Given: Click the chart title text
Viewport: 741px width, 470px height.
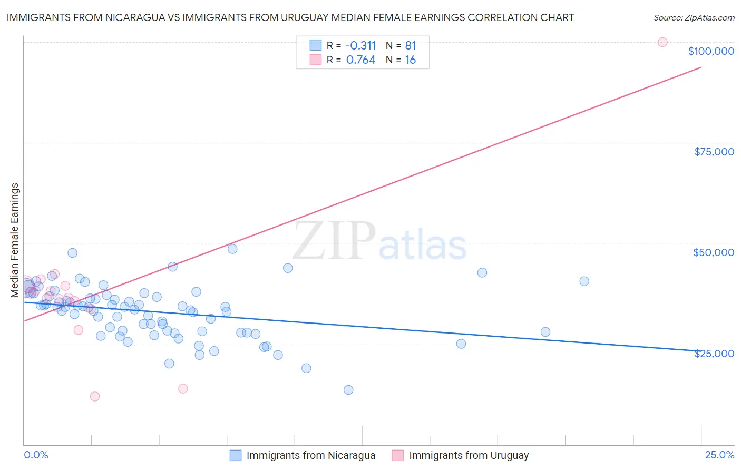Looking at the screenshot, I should tap(290, 17).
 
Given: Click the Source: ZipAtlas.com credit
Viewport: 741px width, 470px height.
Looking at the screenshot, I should tap(694, 17).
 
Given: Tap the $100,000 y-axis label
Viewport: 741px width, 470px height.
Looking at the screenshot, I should tap(711, 51).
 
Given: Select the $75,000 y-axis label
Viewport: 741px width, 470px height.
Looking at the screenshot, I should tap(714, 152).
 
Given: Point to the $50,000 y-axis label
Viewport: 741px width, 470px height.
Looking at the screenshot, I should tap(714, 252).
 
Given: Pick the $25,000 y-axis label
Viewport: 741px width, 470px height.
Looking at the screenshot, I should tap(714, 354).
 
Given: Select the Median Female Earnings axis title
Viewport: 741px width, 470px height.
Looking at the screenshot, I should tap(15, 240).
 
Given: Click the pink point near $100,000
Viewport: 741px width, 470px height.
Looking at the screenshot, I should tap(662, 42).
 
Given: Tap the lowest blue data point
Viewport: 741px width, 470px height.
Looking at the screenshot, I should tap(348, 390).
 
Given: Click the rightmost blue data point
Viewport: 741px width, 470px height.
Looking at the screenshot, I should tap(584, 281).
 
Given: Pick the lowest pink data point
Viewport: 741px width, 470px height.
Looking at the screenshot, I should tap(95, 396).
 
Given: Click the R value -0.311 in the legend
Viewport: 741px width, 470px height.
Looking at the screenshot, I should tap(361, 45).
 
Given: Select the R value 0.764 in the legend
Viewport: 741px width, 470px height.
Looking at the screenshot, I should tap(361, 60).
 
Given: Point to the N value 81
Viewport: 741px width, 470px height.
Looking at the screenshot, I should tap(410, 45).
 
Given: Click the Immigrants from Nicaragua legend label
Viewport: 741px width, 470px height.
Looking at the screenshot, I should tap(310, 456).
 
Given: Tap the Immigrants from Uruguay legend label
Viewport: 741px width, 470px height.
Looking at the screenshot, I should tap(469, 456).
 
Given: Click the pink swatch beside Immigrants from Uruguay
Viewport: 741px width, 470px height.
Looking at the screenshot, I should tap(397, 456).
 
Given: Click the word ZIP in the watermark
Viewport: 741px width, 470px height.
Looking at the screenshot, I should tap(334, 241).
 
